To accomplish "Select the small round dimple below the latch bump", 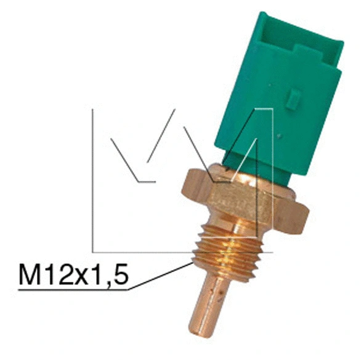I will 280,134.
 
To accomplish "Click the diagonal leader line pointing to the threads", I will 160,276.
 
